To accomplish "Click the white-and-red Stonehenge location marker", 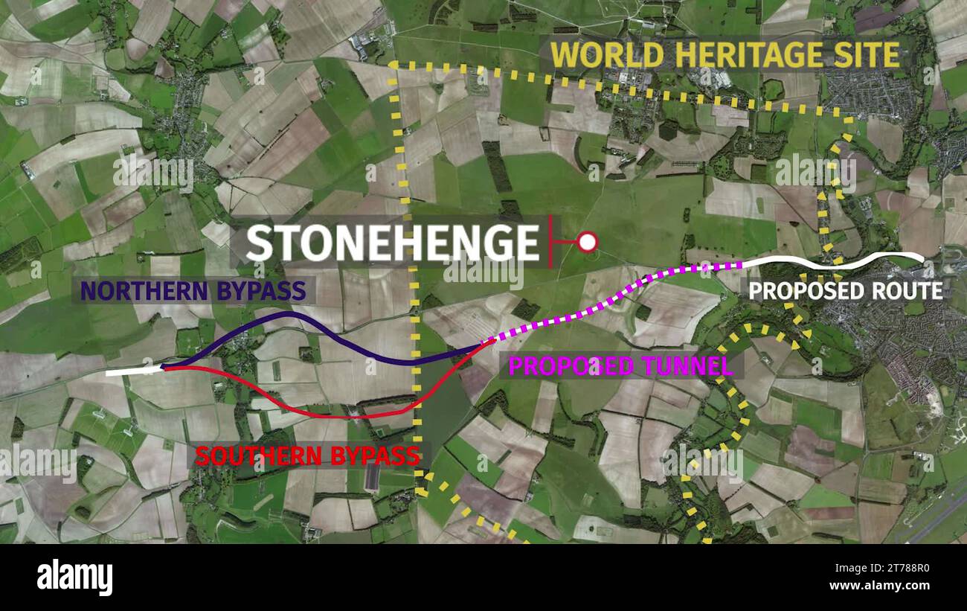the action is pos(588,242).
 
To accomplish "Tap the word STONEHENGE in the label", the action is pos(392,243).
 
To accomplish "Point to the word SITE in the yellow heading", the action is pos(872,55).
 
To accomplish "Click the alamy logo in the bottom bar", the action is pos(74,578).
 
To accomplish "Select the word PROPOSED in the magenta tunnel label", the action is pos(571,365).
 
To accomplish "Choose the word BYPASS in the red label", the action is pos(374,455).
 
